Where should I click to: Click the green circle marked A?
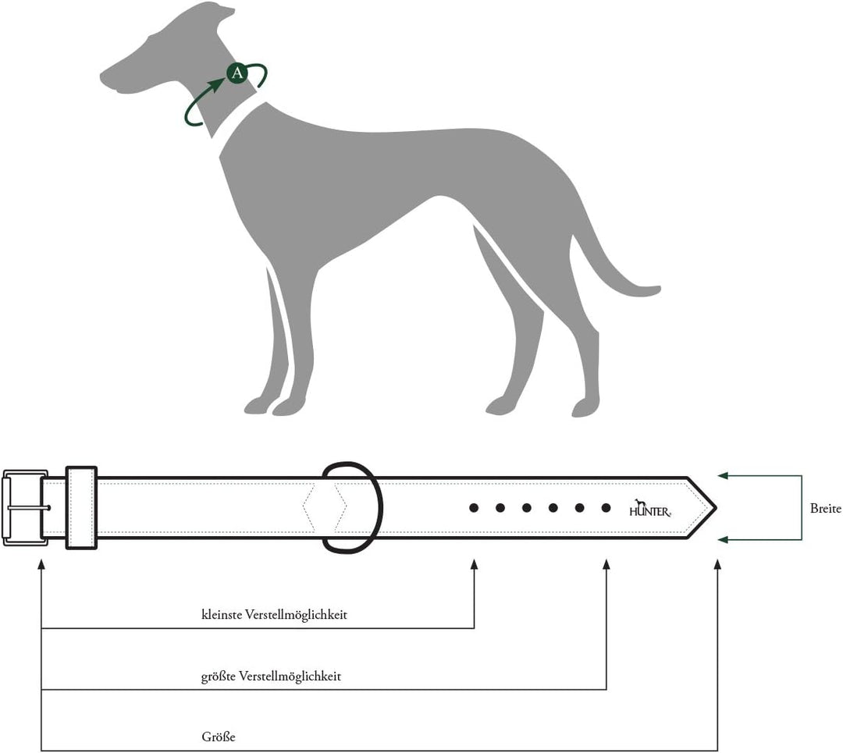[237, 73]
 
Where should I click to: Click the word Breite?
[825, 509]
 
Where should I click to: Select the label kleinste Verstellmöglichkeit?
[274, 615]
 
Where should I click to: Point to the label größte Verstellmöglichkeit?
[271, 677]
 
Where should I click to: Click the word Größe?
[219, 737]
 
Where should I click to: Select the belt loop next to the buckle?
[81, 508]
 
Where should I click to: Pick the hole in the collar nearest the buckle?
[474, 508]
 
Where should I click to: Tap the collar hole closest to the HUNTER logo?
[606, 508]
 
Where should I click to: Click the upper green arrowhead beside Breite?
[723, 475]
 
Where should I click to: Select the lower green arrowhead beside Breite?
[723, 539]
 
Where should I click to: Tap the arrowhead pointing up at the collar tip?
[717, 564]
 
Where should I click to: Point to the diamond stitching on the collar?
[324, 507]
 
